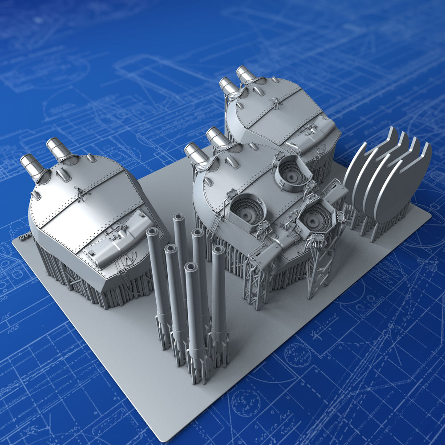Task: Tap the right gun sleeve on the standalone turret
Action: tap(59, 149)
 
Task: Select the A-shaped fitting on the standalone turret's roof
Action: tap(81, 195)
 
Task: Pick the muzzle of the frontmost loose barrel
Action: tap(191, 267)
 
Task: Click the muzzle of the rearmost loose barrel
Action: tap(179, 218)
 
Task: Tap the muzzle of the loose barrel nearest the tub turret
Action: tap(218, 250)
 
